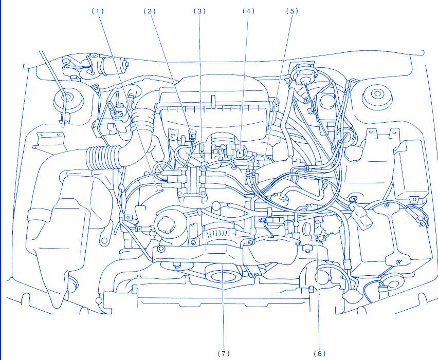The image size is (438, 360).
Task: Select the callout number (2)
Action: [x=150, y=11]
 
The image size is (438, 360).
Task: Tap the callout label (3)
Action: [x=199, y=11]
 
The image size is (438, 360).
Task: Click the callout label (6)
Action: [x=319, y=353]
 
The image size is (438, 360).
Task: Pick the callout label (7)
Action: [x=223, y=353]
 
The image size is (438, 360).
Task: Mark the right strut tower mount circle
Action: [x=378, y=96]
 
